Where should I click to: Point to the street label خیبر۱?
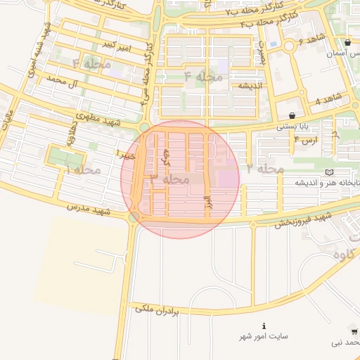click(127, 153)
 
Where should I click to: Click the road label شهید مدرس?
click(89, 209)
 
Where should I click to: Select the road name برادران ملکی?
click(158, 308)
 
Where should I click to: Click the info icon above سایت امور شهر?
click(264, 326)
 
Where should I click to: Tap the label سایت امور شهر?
click(264, 337)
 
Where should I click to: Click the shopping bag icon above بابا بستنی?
click(292, 115)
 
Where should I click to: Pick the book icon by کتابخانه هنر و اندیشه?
click(330, 172)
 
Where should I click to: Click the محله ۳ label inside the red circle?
click(170, 179)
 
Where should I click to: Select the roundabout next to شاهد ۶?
click(289, 46)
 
